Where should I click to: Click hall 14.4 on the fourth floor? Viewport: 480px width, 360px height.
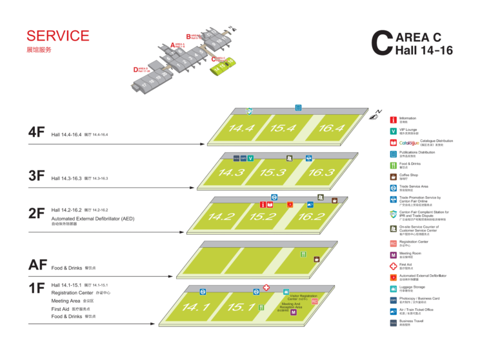(x=241, y=128)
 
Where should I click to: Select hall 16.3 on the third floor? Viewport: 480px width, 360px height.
(x=321, y=173)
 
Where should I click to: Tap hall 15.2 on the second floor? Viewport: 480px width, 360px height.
(x=263, y=217)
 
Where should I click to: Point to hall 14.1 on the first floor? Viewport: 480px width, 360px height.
(x=195, y=307)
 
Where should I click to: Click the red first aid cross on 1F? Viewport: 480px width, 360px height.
(x=266, y=288)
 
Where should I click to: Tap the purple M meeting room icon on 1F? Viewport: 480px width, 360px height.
(x=294, y=312)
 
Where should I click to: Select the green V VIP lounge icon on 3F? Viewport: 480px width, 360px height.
(x=250, y=158)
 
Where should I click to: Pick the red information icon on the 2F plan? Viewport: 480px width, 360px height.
(x=263, y=205)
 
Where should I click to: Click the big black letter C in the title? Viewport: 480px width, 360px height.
(x=382, y=41)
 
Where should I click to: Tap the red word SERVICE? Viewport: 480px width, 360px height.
(x=58, y=35)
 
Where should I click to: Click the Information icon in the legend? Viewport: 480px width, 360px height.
(x=393, y=119)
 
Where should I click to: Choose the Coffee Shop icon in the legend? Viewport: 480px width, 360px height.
(x=393, y=176)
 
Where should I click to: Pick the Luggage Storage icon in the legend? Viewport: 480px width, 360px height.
(x=393, y=288)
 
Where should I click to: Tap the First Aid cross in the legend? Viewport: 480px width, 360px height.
(x=393, y=265)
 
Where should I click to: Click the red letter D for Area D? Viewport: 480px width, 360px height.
(x=136, y=69)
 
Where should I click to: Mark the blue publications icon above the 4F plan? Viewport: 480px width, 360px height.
(x=298, y=108)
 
